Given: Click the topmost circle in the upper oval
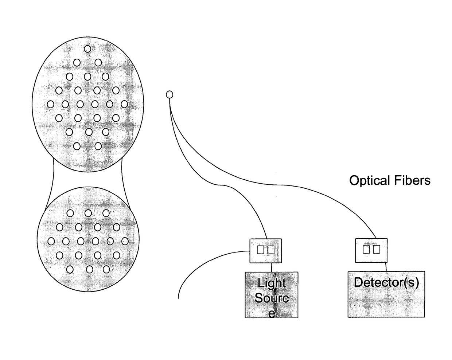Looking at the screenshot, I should click(87, 48).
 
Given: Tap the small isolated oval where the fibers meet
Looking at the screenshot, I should click(169, 95).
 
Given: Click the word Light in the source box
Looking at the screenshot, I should click(272, 283).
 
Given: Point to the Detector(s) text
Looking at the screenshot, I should click(386, 282).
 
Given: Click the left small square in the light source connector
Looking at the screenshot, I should click(261, 250).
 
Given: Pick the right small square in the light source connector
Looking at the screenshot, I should click(271, 250).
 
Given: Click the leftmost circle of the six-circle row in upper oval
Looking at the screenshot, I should click(51, 105).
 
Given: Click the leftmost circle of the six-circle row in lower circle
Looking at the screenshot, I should click(51, 241).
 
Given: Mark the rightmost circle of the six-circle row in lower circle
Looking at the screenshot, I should click(125, 241).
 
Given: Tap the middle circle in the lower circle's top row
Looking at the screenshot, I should click(88, 213).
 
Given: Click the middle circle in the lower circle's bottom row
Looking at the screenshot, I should click(89, 269).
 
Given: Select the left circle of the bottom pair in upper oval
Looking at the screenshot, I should click(77, 146).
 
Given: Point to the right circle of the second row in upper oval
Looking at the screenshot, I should click(98, 63).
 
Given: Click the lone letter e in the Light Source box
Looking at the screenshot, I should click(272, 313).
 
